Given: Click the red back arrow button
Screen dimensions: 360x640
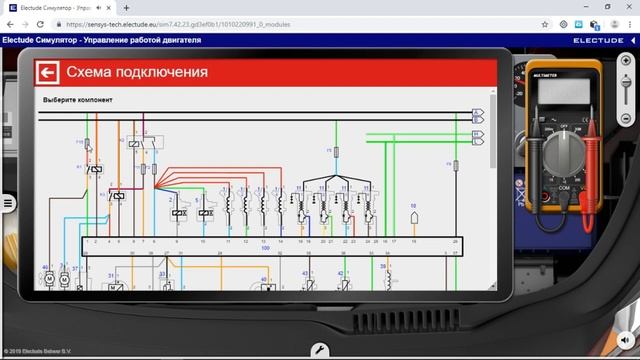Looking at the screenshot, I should (47, 72).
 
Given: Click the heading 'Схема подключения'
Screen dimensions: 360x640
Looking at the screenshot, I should (137, 73).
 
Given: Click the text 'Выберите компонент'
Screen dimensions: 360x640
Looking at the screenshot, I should (78, 101).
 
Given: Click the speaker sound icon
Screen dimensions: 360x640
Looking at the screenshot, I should (627, 337).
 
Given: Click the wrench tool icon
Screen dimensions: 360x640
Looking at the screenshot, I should (319, 350).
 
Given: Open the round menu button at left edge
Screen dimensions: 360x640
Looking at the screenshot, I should (8, 203).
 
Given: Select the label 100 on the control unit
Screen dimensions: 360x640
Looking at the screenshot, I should (265, 248).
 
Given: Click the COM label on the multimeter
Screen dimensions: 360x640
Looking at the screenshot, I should (564, 187).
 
